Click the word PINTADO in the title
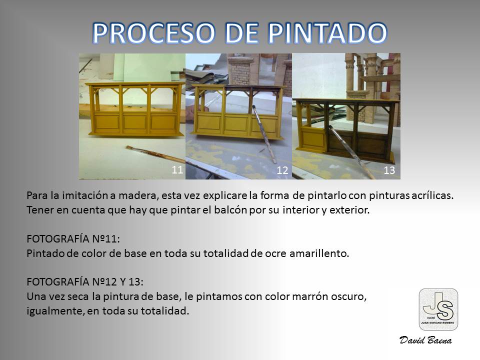(327, 33)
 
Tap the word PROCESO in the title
(154, 33)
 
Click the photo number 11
(177, 169)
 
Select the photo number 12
(282, 170)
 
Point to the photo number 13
(389, 170)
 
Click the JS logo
(438, 309)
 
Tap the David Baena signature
(425, 340)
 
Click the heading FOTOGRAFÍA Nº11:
(73, 239)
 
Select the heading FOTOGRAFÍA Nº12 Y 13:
(85, 281)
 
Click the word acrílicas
(432, 195)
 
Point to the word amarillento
(319, 253)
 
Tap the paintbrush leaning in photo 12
(264, 133)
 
